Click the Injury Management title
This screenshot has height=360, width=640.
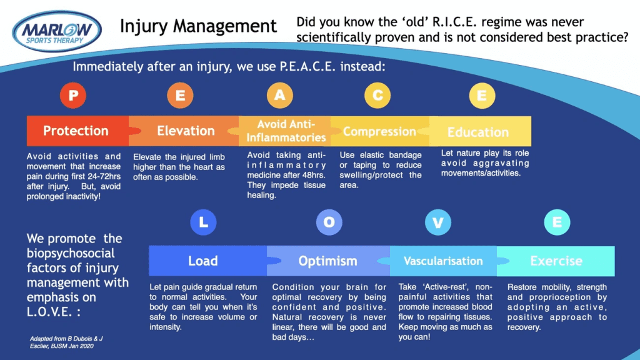pyautogui.click(x=198, y=26)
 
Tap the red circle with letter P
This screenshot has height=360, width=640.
pyautogui.click(x=73, y=96)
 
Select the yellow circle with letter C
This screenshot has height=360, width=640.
pyautogui.click(x=377, y=96)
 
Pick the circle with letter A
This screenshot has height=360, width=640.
pyautogui.click(x=280, y=96)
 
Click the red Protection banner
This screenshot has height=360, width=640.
pyautogui.click(x=76, y=131)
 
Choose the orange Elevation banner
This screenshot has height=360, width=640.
pyautogui.click(x=186, y=131)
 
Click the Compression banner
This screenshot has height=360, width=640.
pyautogui.click(x=380, y=132)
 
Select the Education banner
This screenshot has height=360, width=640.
pyautogui.click(x=478, y=132)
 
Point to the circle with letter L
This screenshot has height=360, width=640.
pyautogui.click(x=202, y=223)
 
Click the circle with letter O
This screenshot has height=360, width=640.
pyautogui.click(x=329, y=223)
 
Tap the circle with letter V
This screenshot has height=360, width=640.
pyautogui.click(x=438, y=223)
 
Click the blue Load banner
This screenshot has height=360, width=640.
pyautogui.click(x=204, y=261)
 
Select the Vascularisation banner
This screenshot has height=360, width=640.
pyautogui.click(x=443, y=261)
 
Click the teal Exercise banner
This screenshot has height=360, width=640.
pyautogui.click(x=556, y=261)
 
